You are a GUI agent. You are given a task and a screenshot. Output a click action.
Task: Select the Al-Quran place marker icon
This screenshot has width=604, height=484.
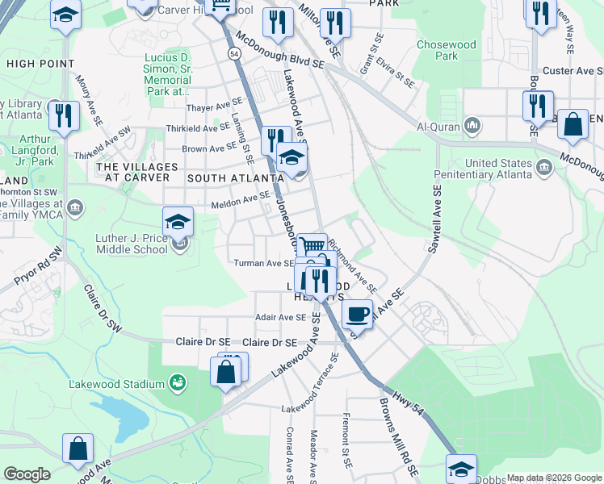pos(472,127)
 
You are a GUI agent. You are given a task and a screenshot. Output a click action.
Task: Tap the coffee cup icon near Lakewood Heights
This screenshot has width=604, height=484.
pos(357,314)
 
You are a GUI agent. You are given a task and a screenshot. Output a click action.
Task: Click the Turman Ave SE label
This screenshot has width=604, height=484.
pos(263,263)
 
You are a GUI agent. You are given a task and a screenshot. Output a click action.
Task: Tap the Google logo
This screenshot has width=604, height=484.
pos(26,474)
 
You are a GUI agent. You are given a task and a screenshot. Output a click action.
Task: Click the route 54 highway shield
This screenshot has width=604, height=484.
pos(233,53)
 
